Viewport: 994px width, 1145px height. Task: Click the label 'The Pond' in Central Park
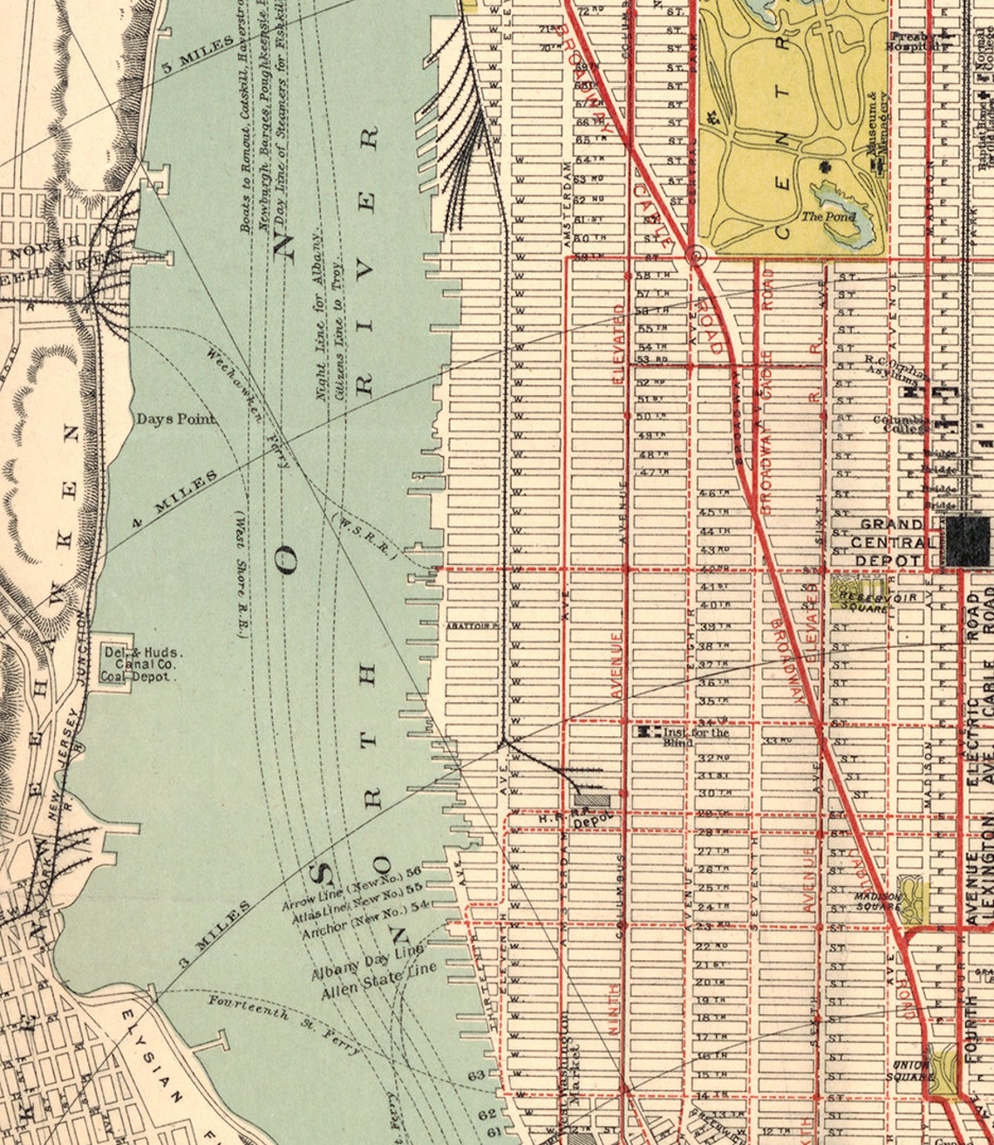click(828, 216)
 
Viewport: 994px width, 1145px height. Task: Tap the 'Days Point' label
click(175, 419)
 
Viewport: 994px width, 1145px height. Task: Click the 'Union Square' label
click(909, 1071)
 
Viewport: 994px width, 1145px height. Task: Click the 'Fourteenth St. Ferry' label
click(283, 1026)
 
